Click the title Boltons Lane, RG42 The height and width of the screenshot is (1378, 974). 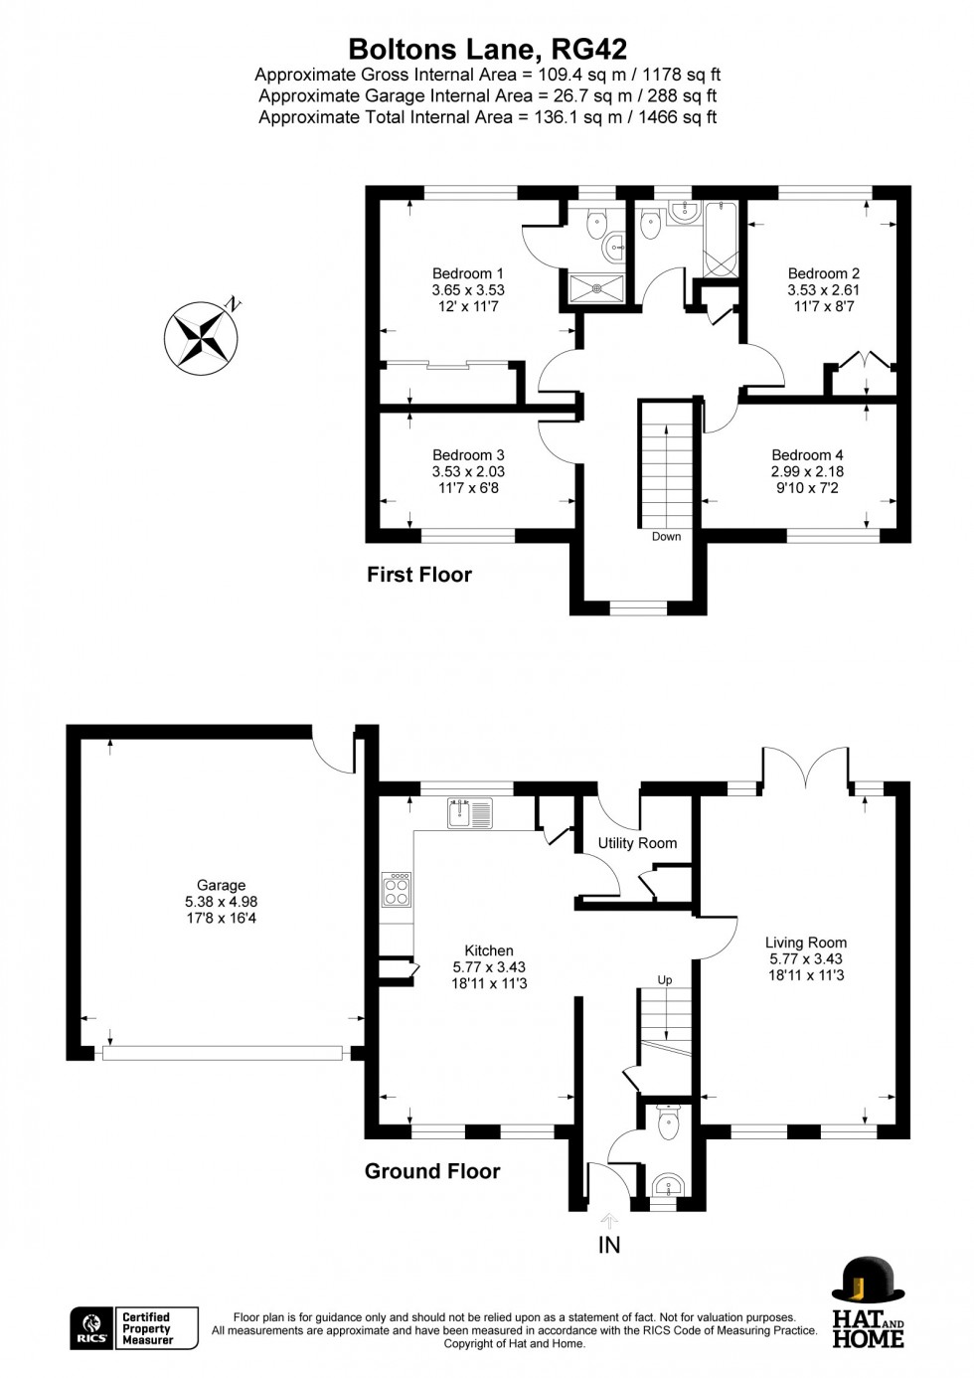click(x=487, y=49)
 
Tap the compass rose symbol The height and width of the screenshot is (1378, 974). click(x=201, y=338)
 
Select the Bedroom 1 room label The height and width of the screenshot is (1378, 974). click(x=467, y=273)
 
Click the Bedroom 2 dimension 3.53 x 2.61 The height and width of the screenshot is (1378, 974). click(x=823, y=290)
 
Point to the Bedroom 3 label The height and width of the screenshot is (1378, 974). click(x=467, y=455)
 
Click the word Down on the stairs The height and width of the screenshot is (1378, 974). click(x=666, y=537)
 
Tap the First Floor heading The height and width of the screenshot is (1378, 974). click(x=418, y=575)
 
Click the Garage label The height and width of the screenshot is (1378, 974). click(x=221, y=885)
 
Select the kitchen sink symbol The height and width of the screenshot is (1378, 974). click(x=470, y=813)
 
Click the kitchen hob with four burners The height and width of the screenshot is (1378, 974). click(x=397, y=889)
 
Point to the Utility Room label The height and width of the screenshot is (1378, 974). click(x=637, y=843)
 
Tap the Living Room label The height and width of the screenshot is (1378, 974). click(x=806, y=943)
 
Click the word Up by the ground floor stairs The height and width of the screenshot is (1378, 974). click(x=665, y=980)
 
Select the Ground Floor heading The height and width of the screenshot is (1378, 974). click(x=432, y=1171)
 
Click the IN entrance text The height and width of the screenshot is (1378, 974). click(x=609, y=1245)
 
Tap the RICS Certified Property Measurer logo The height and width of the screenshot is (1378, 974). click(x=134, y=1328)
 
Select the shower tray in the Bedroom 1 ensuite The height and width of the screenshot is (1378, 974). click(x=597, y=288)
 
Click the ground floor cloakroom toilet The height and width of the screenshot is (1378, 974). click(x=668, y=1123)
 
